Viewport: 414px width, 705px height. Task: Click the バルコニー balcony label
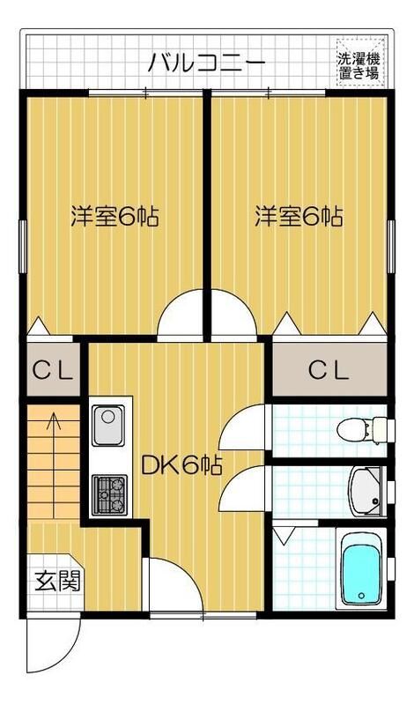click(x=206, y=63)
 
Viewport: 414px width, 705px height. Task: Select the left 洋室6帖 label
click(x=115, y=217)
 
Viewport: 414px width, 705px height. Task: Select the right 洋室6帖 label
click(x=299, y=217)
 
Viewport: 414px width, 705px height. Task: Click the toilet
click(x=363, y=430)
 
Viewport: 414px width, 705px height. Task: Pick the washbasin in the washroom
click(x=364, y=492)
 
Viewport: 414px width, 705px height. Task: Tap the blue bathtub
click(x=359, y=570)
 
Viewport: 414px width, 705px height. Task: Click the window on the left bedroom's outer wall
click(x=23, y=239)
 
